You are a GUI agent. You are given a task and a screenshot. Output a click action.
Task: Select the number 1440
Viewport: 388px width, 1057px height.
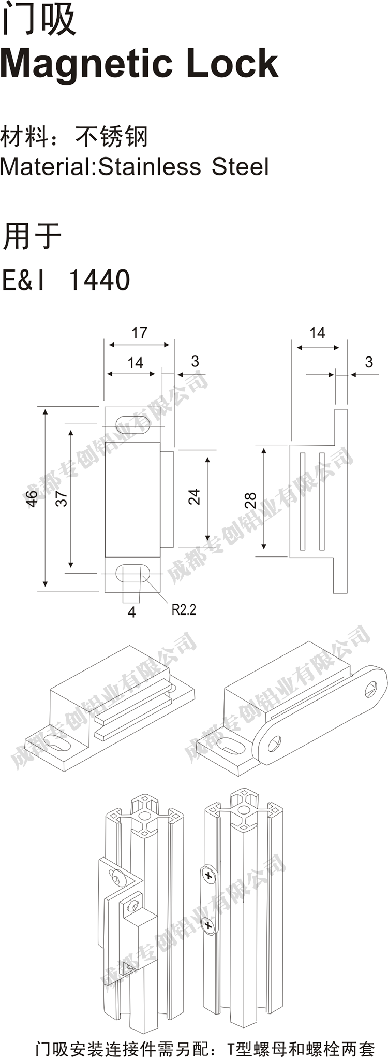tap(99, 280)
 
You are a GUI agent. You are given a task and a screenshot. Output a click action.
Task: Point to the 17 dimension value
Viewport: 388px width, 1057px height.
tap(139, 333)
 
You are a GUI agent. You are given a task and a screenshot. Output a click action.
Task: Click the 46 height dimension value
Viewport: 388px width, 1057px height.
tap(31, 498)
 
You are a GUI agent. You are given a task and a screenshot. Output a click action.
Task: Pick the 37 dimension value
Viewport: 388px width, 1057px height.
tap(61, 498)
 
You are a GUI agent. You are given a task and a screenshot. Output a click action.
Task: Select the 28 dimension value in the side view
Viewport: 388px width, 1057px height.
tap(250, 500)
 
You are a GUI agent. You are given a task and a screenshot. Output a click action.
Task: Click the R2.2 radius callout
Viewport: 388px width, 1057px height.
tap(184, 609)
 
